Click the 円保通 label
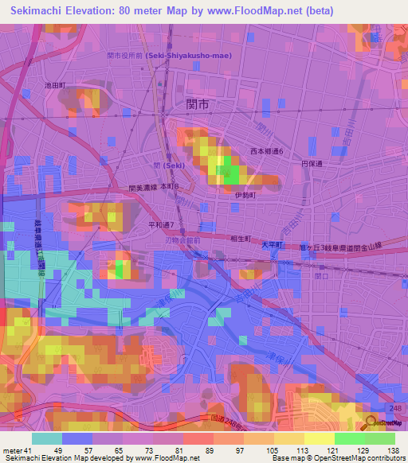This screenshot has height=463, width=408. (x=311, y=163)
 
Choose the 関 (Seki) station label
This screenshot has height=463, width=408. (x=171, y=165)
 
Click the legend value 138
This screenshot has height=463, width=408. (x=393, y=450)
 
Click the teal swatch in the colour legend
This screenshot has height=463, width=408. (x=47, y=438)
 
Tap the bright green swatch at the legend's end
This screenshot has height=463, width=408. (x=379, y=438)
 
